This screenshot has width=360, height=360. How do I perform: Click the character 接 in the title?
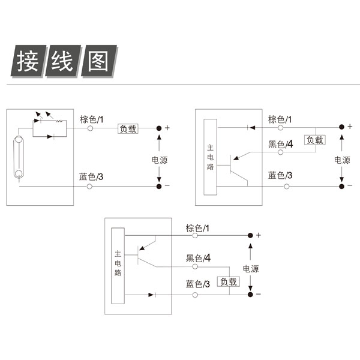coord(28,61)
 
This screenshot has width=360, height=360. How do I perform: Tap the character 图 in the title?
coord(98,61)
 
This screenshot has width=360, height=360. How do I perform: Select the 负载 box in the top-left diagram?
coord(128,129)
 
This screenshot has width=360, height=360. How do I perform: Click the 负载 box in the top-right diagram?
coord(315,140)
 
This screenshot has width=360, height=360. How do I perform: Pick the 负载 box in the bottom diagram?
coord(229,282)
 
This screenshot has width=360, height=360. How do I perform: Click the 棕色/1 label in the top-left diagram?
coord(92,119)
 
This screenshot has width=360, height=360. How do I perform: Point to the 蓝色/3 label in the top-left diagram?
coord(91,177)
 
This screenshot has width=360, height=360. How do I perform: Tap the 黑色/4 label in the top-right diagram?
coord(281,144)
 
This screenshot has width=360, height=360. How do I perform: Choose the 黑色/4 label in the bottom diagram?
coord(198,258)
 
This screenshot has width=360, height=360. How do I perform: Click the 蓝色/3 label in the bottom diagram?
coord(197,284)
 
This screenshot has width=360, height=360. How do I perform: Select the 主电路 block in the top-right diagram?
coord(211,157)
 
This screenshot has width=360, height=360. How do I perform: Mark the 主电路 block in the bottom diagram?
coord(118,266)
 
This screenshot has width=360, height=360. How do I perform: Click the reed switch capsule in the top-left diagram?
coord(19,157)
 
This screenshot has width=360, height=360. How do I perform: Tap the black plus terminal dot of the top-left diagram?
coord(159,128)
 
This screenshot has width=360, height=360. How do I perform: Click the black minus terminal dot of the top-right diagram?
coord(341,186)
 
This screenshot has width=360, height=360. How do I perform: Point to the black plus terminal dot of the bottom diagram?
coord(250,235)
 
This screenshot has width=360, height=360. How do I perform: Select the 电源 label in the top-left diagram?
coord(160,160)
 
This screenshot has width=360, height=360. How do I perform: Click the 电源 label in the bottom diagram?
coord(251,269)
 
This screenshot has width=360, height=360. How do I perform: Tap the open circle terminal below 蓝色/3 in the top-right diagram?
coord(286,187)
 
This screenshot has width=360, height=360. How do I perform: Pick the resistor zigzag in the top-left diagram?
coord(59,121)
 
